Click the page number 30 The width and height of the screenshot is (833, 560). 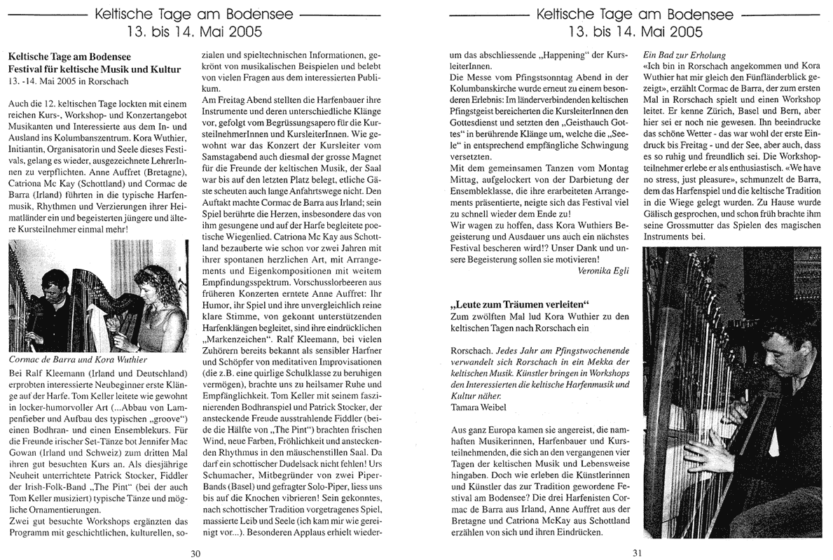[x=196, y=552]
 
